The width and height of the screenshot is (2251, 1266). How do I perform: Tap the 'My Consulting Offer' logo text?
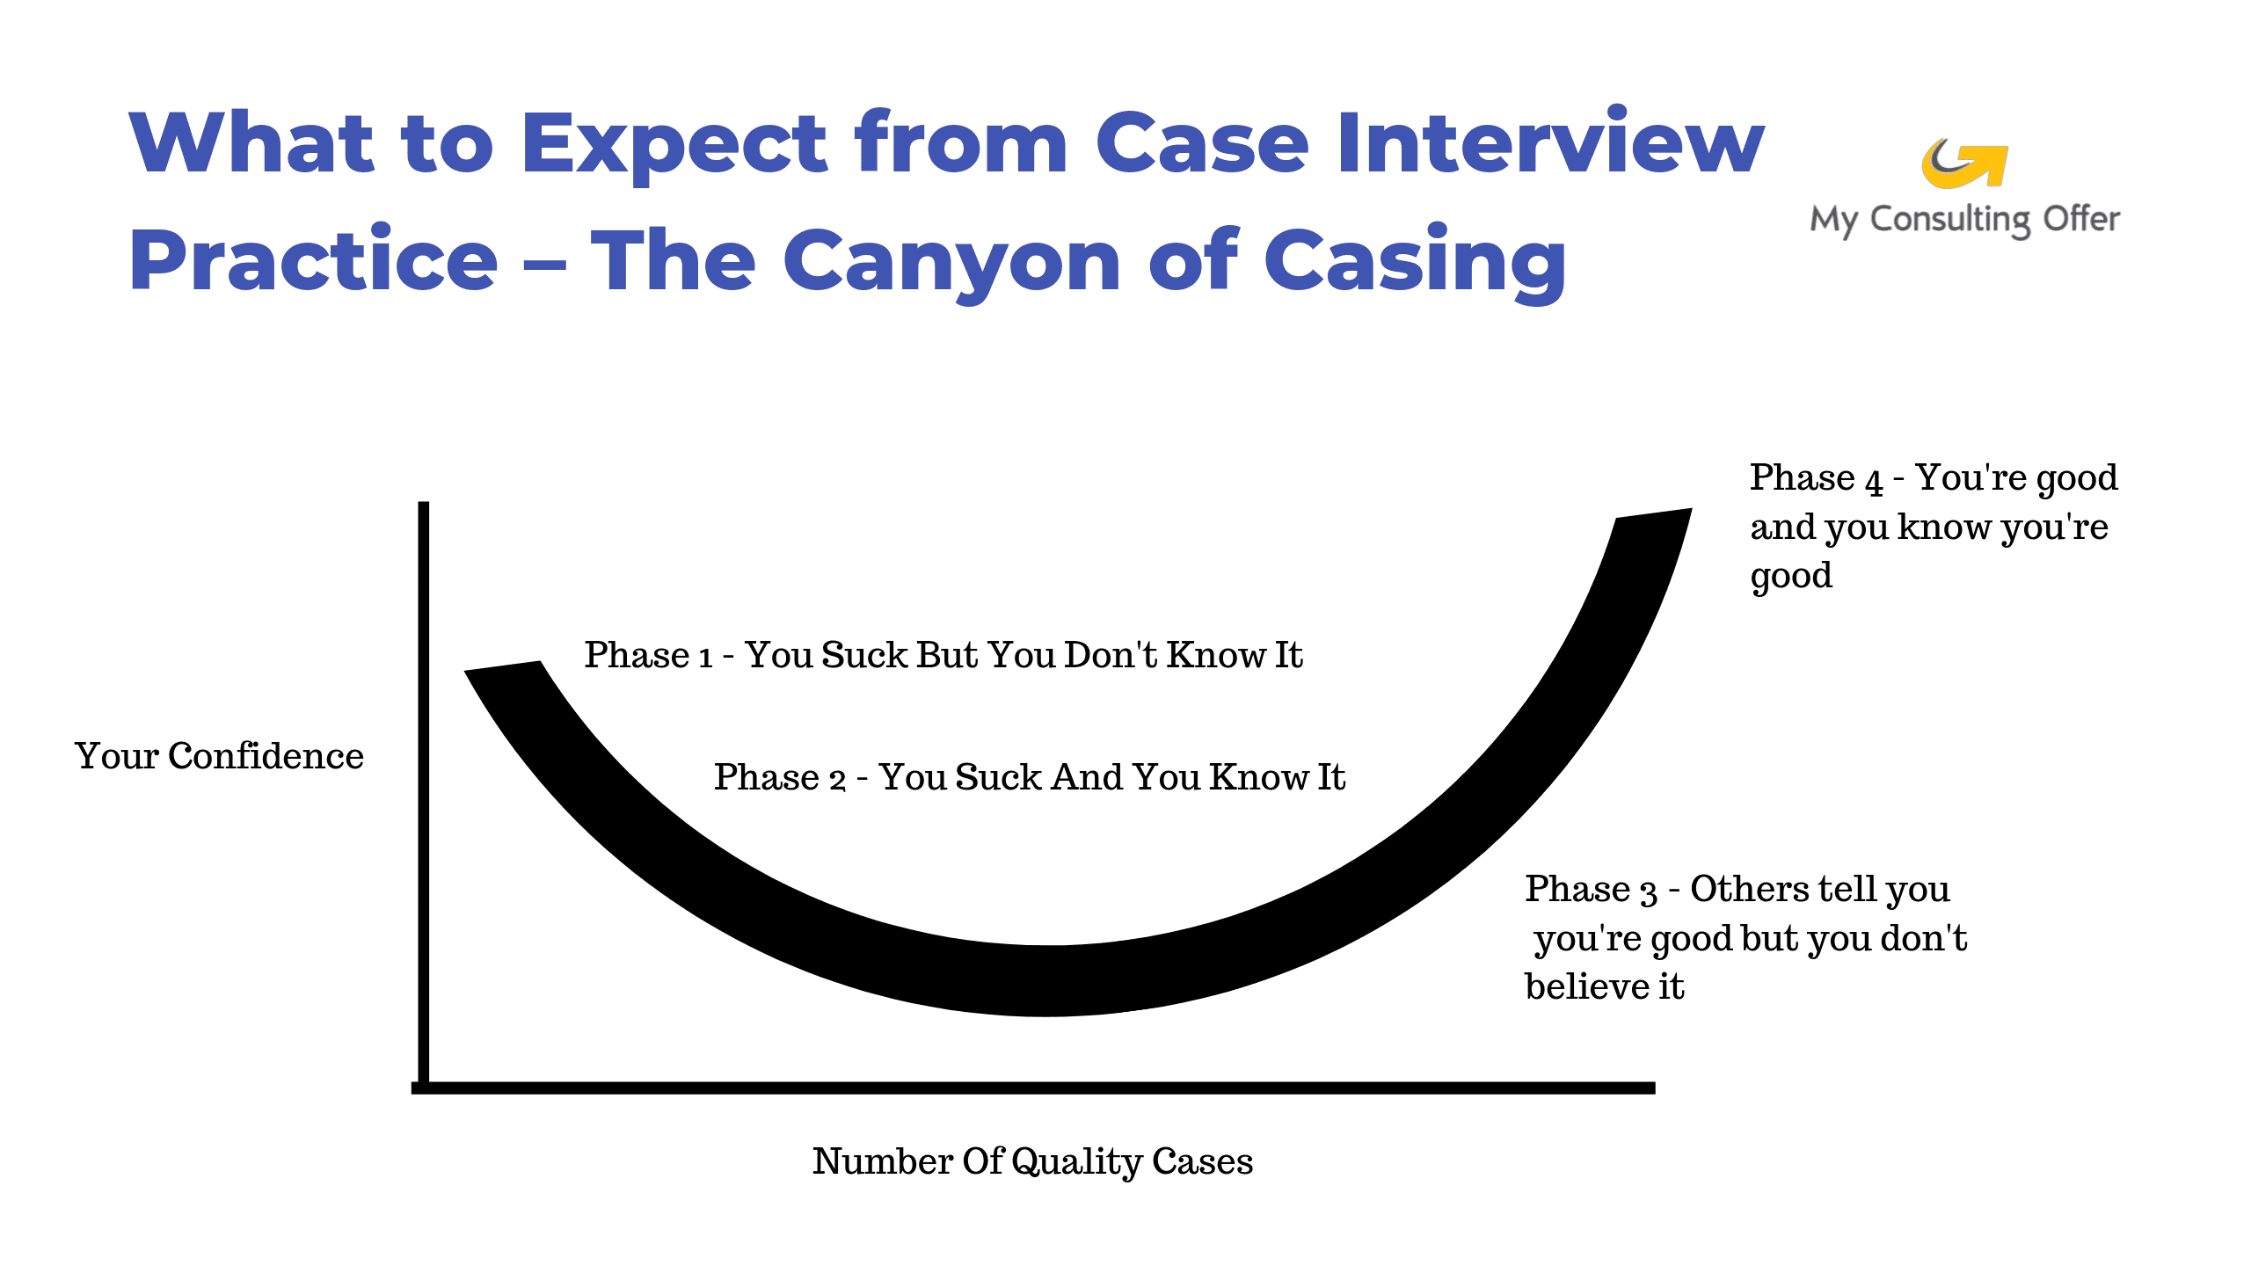pos(1965,220)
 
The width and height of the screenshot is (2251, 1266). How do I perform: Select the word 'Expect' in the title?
pos(674,145)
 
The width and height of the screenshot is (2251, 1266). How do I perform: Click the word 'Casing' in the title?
pos(1416,262)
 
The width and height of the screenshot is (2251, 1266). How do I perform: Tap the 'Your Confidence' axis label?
pos(219,756)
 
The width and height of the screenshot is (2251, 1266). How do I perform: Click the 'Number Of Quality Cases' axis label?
pos(1032,1161)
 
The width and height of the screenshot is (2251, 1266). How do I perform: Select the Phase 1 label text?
pos(943,655)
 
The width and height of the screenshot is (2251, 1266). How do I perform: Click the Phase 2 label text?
pos(1030,777)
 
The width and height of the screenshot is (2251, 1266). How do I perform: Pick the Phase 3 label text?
pos(1745,937)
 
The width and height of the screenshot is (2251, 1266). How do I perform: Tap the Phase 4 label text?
pos(1934,527)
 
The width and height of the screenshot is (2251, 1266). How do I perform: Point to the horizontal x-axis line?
pos(1033,1088)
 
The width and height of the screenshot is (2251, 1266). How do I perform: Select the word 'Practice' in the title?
pos(314,260)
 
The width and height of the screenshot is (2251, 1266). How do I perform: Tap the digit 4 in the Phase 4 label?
pos(1874,481)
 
